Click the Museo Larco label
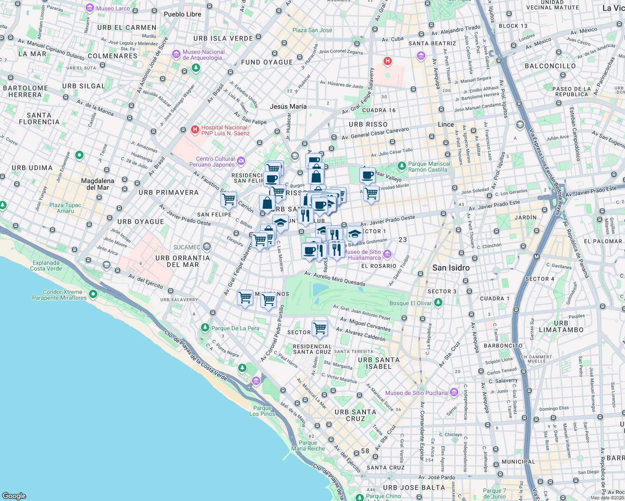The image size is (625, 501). (x=113, y=8)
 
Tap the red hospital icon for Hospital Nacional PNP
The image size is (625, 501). (x=195, y=130)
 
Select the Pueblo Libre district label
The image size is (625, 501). (x=182, y=14)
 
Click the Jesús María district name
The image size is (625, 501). (x=288, y=106)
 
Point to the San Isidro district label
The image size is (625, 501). (x=451, y=268)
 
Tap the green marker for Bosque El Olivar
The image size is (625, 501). (x=438, y=303)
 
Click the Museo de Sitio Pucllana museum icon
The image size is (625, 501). (x=454, y=392)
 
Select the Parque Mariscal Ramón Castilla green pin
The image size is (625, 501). (x=401, y=166)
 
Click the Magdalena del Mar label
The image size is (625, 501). (x=98, y=184)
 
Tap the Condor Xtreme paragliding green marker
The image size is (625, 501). (x=93, y=294)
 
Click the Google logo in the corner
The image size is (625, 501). (x=14, y=496)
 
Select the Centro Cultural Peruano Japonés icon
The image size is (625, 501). (x=241, y=161)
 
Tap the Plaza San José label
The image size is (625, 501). (x=312, y=30)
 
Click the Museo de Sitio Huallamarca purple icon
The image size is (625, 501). (x=387, y=254)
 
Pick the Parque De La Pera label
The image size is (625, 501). (x=235, y=328)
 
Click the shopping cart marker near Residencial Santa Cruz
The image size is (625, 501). (x=320, y=328)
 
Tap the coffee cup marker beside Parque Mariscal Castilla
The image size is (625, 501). (x=367, y=175)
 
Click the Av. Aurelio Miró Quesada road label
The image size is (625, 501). (x=335, y=278)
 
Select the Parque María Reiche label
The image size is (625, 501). (x=308, y=445)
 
